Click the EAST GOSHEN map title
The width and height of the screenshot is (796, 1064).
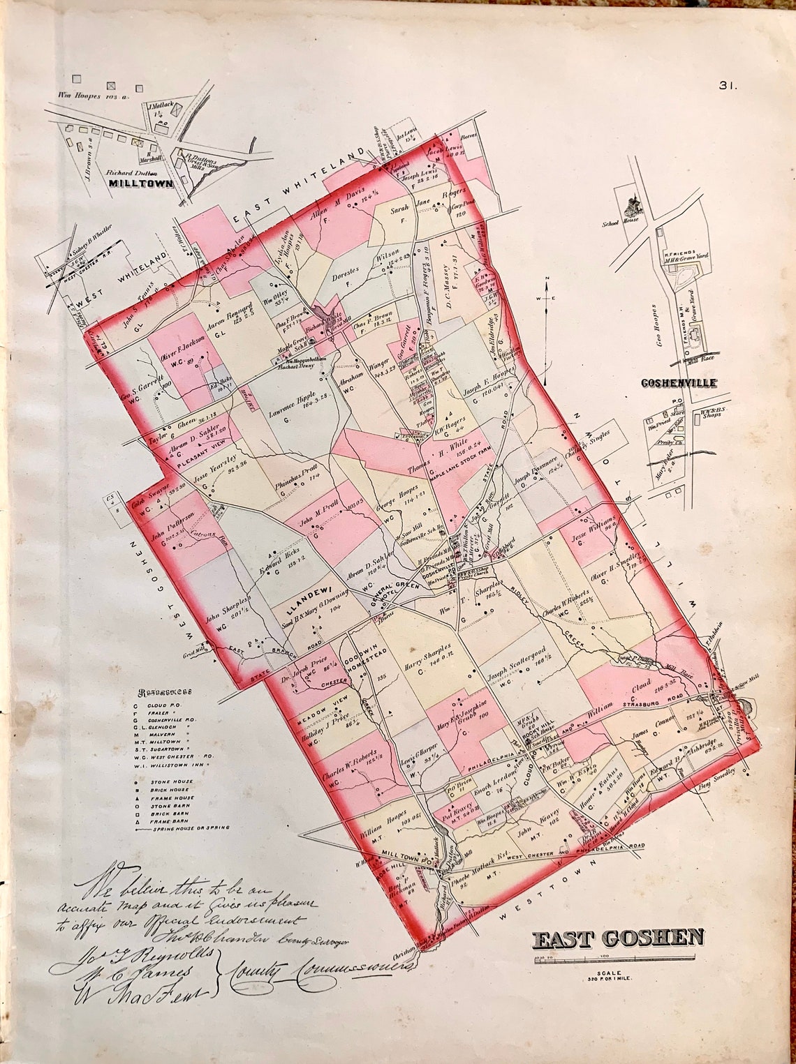[618, 938]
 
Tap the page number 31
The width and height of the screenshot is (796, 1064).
[728, 86]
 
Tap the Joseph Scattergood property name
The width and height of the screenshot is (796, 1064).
[515, 669]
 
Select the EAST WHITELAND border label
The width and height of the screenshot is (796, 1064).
[300, 187]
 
